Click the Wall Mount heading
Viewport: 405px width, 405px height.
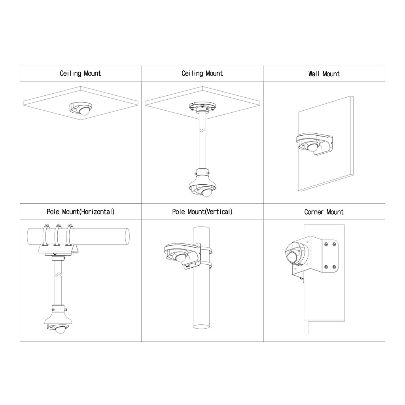click(x=324, y=74)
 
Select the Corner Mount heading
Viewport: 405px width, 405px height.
click(x=324, y=212)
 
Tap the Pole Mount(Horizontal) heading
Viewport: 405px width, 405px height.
click(x=81, y=212)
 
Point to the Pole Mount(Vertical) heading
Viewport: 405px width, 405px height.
click(x=202, y=212)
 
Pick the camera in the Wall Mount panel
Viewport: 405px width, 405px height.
click(x=311, y=147)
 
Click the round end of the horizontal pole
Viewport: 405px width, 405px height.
click(x=127, y=237)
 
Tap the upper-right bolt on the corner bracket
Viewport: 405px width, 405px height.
click(x=334, y=244)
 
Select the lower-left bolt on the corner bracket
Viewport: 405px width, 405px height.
click(x=326, y=267)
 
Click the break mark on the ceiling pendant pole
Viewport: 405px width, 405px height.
click(x=202, y=131)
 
